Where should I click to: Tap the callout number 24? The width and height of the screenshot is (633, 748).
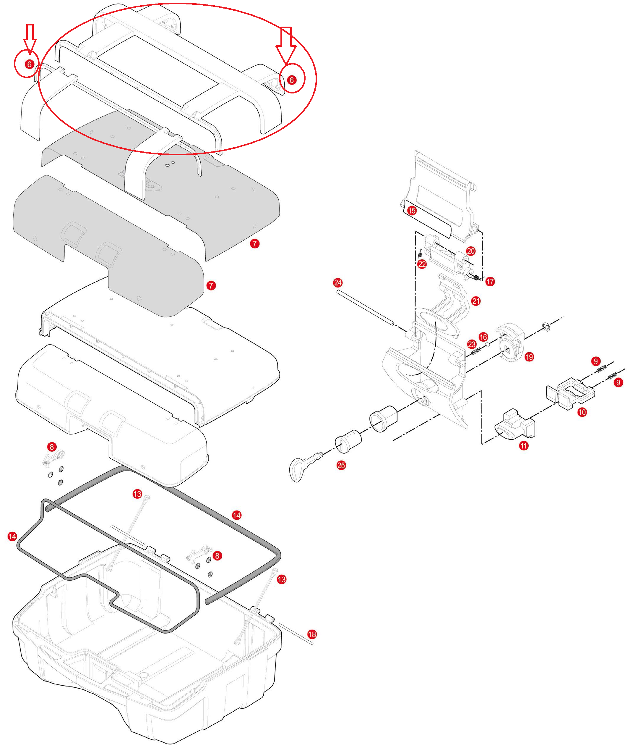pos(338,283)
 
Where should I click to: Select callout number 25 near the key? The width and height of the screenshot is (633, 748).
pos(341,465)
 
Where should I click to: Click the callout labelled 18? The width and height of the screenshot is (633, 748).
pos(312,634)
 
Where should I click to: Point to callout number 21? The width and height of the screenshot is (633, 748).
pos(476,301)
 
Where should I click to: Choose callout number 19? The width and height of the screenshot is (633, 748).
pos(529,357)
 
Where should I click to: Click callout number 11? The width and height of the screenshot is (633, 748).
pos(524,446)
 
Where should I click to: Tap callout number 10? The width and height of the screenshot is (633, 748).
pos(582,412)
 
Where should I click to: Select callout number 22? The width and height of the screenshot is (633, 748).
pos(422,264)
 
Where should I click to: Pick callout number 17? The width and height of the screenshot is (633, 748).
pos(490,282)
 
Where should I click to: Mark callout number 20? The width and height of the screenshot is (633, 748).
pos(471,251)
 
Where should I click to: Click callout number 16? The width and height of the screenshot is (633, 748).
pos(483,337)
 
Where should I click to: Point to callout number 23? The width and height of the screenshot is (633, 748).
pos(472,344)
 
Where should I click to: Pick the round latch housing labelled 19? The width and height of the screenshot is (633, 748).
pos(511,345)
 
